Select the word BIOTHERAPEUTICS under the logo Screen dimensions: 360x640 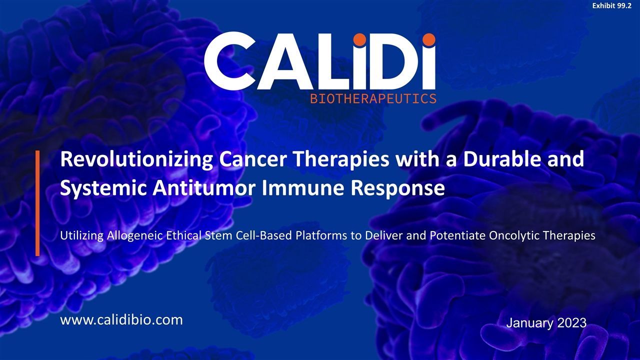point(373,98)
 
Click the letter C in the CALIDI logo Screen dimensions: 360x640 point(227,61)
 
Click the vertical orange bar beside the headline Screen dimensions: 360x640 point(37,202)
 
